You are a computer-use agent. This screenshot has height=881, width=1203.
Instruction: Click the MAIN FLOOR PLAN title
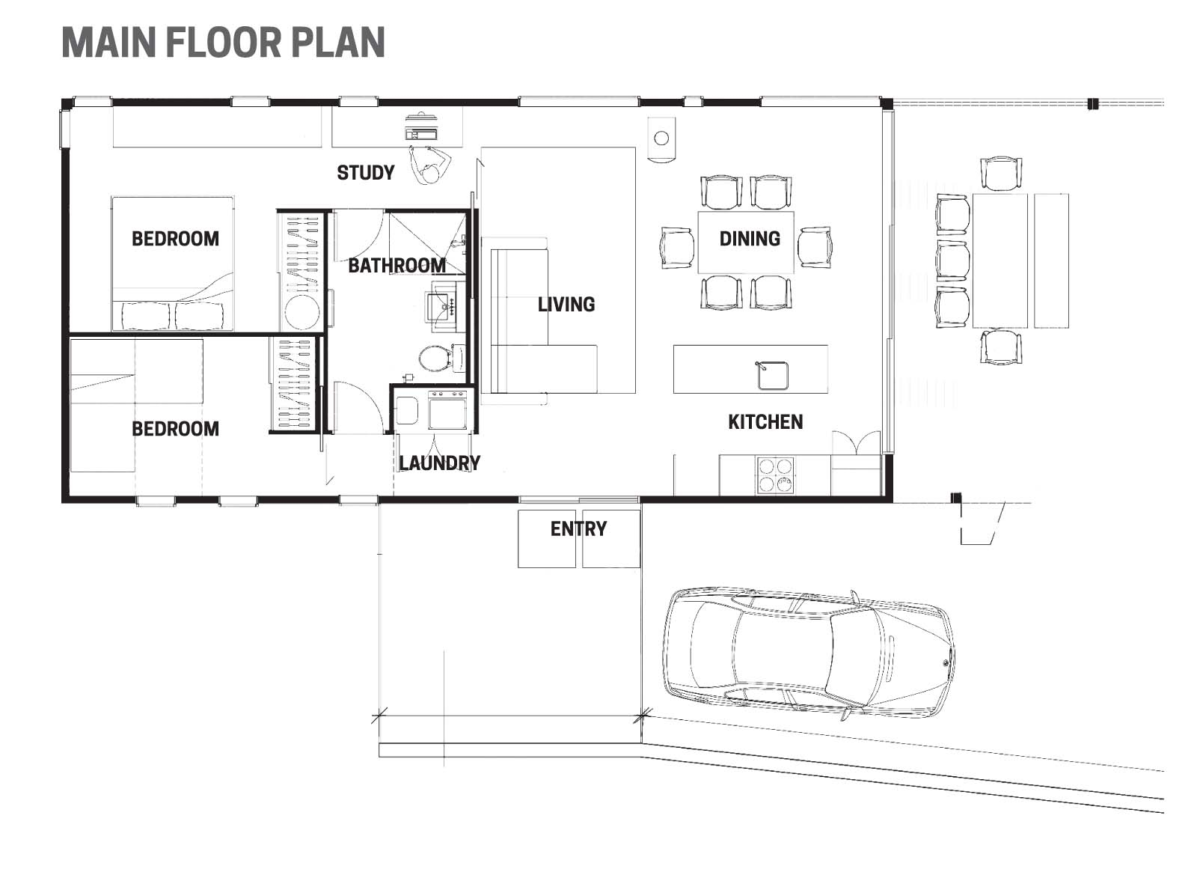(x=223, y=43)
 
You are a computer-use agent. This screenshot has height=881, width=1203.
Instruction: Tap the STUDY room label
(x=365, y=173)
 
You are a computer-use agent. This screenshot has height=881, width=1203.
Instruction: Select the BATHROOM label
(x=397, y=265)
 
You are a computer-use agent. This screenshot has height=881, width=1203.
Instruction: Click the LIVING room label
(x=566, y=304)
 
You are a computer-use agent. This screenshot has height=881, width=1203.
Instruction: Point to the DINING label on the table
(x=750, y=239)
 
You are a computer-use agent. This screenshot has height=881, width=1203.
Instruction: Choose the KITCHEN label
(x=765, y=422)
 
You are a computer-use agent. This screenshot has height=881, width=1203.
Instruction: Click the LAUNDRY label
(x=439, y=463)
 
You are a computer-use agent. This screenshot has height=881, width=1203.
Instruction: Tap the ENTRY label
(x=578, y=529)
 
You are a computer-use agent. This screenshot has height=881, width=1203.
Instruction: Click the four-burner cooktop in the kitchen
(x=775, y=475)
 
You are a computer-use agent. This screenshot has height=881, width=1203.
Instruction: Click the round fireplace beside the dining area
(x=661, y=138)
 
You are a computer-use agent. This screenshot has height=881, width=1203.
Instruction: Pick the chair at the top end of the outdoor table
(x=1000, y=173)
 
